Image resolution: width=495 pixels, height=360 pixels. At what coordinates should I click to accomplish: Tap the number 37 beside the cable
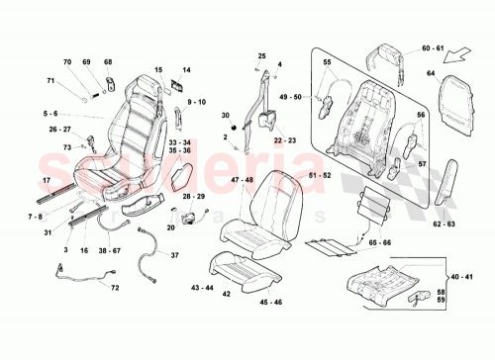(x=174, y=256)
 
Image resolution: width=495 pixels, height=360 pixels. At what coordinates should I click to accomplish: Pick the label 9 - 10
(x=195, y=102)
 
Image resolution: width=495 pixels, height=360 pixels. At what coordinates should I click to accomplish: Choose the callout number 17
(x=46, y=181)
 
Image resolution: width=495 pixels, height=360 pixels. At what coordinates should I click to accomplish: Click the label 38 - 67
(x=110, y=251)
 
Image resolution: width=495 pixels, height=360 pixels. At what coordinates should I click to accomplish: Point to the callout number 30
(x=225, y=117)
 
